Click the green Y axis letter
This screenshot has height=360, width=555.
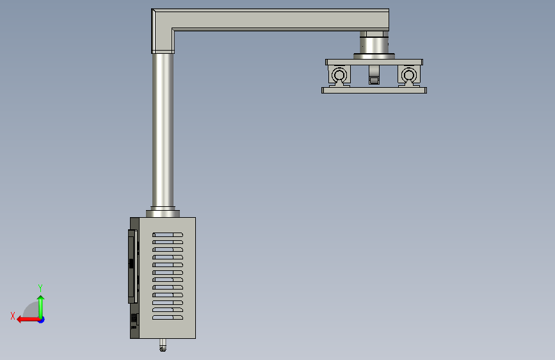(x=40, y=288)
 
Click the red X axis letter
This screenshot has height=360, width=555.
(x=13, y=316)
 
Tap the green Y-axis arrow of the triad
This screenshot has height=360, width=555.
(x=41, y=307)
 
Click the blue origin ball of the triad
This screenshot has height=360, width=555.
(x=42, y=320)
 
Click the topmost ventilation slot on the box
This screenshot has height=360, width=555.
(x=168, y=234)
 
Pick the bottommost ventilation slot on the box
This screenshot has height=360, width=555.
(x=168, y=318)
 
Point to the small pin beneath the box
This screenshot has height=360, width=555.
(x=163, y=345)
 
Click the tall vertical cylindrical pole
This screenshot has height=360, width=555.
(x=163, y=130)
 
